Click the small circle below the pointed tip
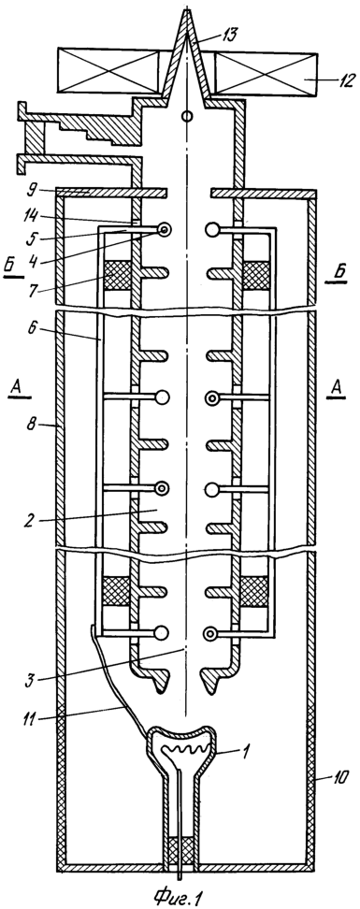187,117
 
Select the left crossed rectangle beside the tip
108,71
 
